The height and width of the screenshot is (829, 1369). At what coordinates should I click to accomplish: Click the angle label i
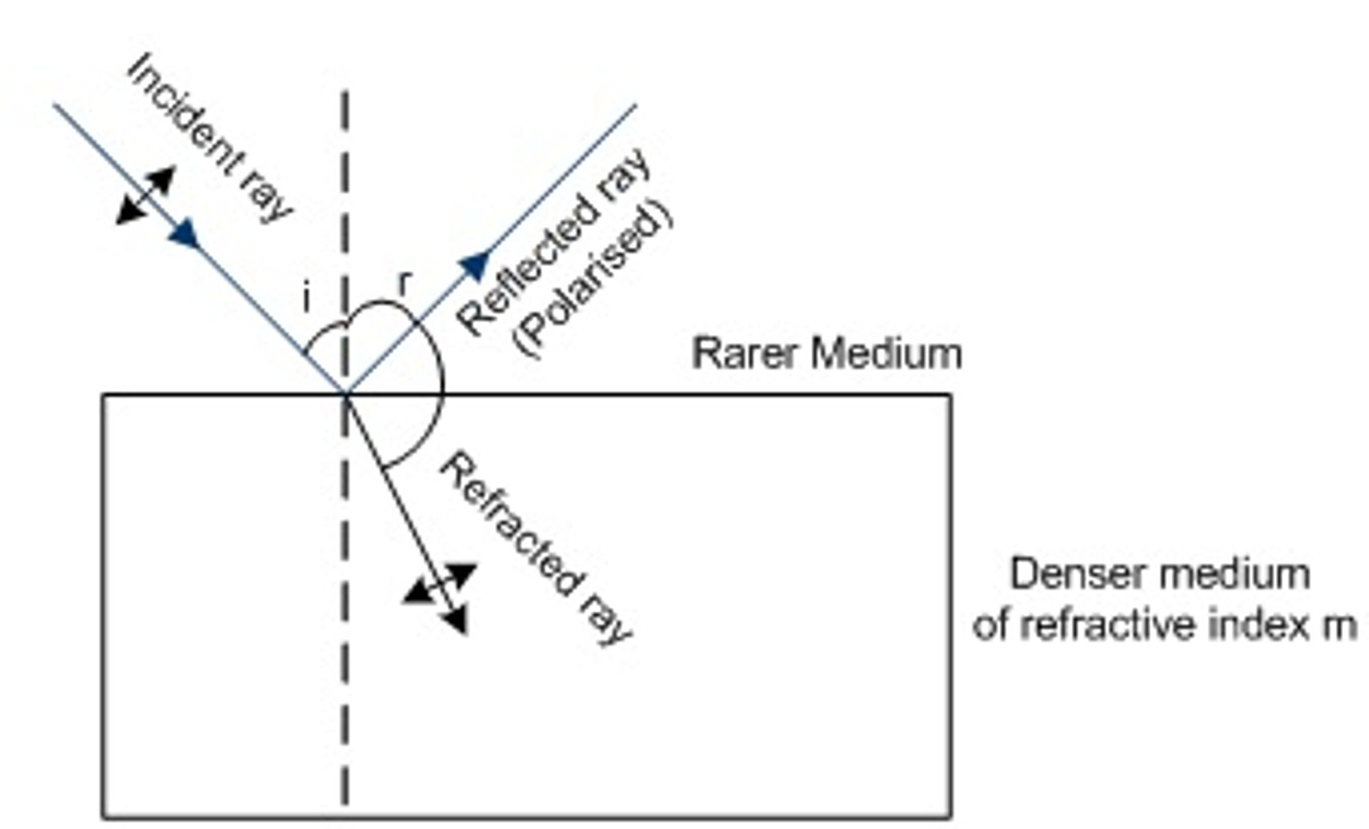307,298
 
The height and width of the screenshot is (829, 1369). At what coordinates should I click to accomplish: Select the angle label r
405,283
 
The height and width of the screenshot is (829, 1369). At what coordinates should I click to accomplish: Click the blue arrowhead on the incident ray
185,234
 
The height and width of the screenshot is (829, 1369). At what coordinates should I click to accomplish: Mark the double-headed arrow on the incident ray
145,195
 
